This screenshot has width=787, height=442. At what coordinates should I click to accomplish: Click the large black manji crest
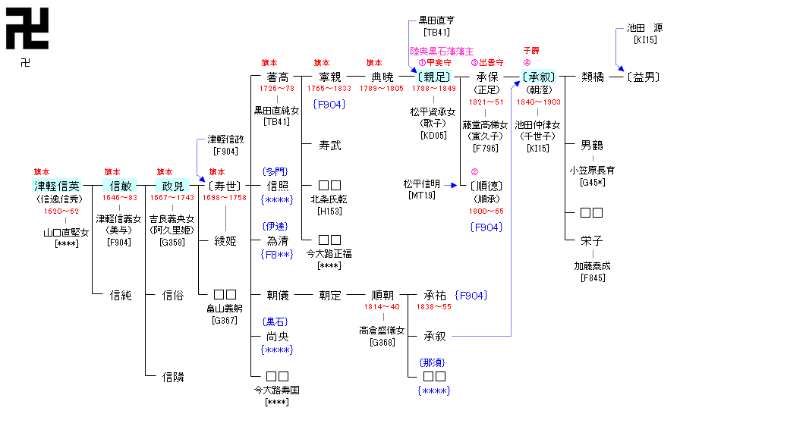click(x=27, y=28)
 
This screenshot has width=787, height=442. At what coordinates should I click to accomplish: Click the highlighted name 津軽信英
click(x=56, y=186)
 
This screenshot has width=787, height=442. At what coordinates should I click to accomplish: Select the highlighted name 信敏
click(x=121, y=186)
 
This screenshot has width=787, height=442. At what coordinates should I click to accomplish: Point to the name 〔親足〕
click(x=433, y=77)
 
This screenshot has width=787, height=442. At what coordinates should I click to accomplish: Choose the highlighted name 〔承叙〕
click(x=539, y=77)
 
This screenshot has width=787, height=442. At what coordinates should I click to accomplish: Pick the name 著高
click(x=278, y=77)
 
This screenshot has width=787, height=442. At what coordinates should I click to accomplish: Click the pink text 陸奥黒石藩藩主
click(x=442, y=52)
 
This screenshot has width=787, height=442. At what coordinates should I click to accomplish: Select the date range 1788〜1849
click(x=433, y=89)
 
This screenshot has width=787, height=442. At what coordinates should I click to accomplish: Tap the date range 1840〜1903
click(x=538, y=102)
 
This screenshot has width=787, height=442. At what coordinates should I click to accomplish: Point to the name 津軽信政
click(x=226, y=139)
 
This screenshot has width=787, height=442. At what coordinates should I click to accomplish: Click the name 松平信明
click(x=422, y=183)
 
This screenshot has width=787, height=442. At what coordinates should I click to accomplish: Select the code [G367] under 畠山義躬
click(x=225, y=320)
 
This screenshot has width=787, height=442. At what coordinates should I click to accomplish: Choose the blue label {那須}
click(x=433, y=362)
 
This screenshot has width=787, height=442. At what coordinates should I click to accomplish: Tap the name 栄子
click(x=591, y=240)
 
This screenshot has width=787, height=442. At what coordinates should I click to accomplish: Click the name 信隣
click(x=173, y=377)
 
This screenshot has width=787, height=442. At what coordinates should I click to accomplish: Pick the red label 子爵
click(x=530, y=51)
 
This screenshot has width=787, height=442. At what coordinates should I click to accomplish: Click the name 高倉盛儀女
click(x=382, y=331)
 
